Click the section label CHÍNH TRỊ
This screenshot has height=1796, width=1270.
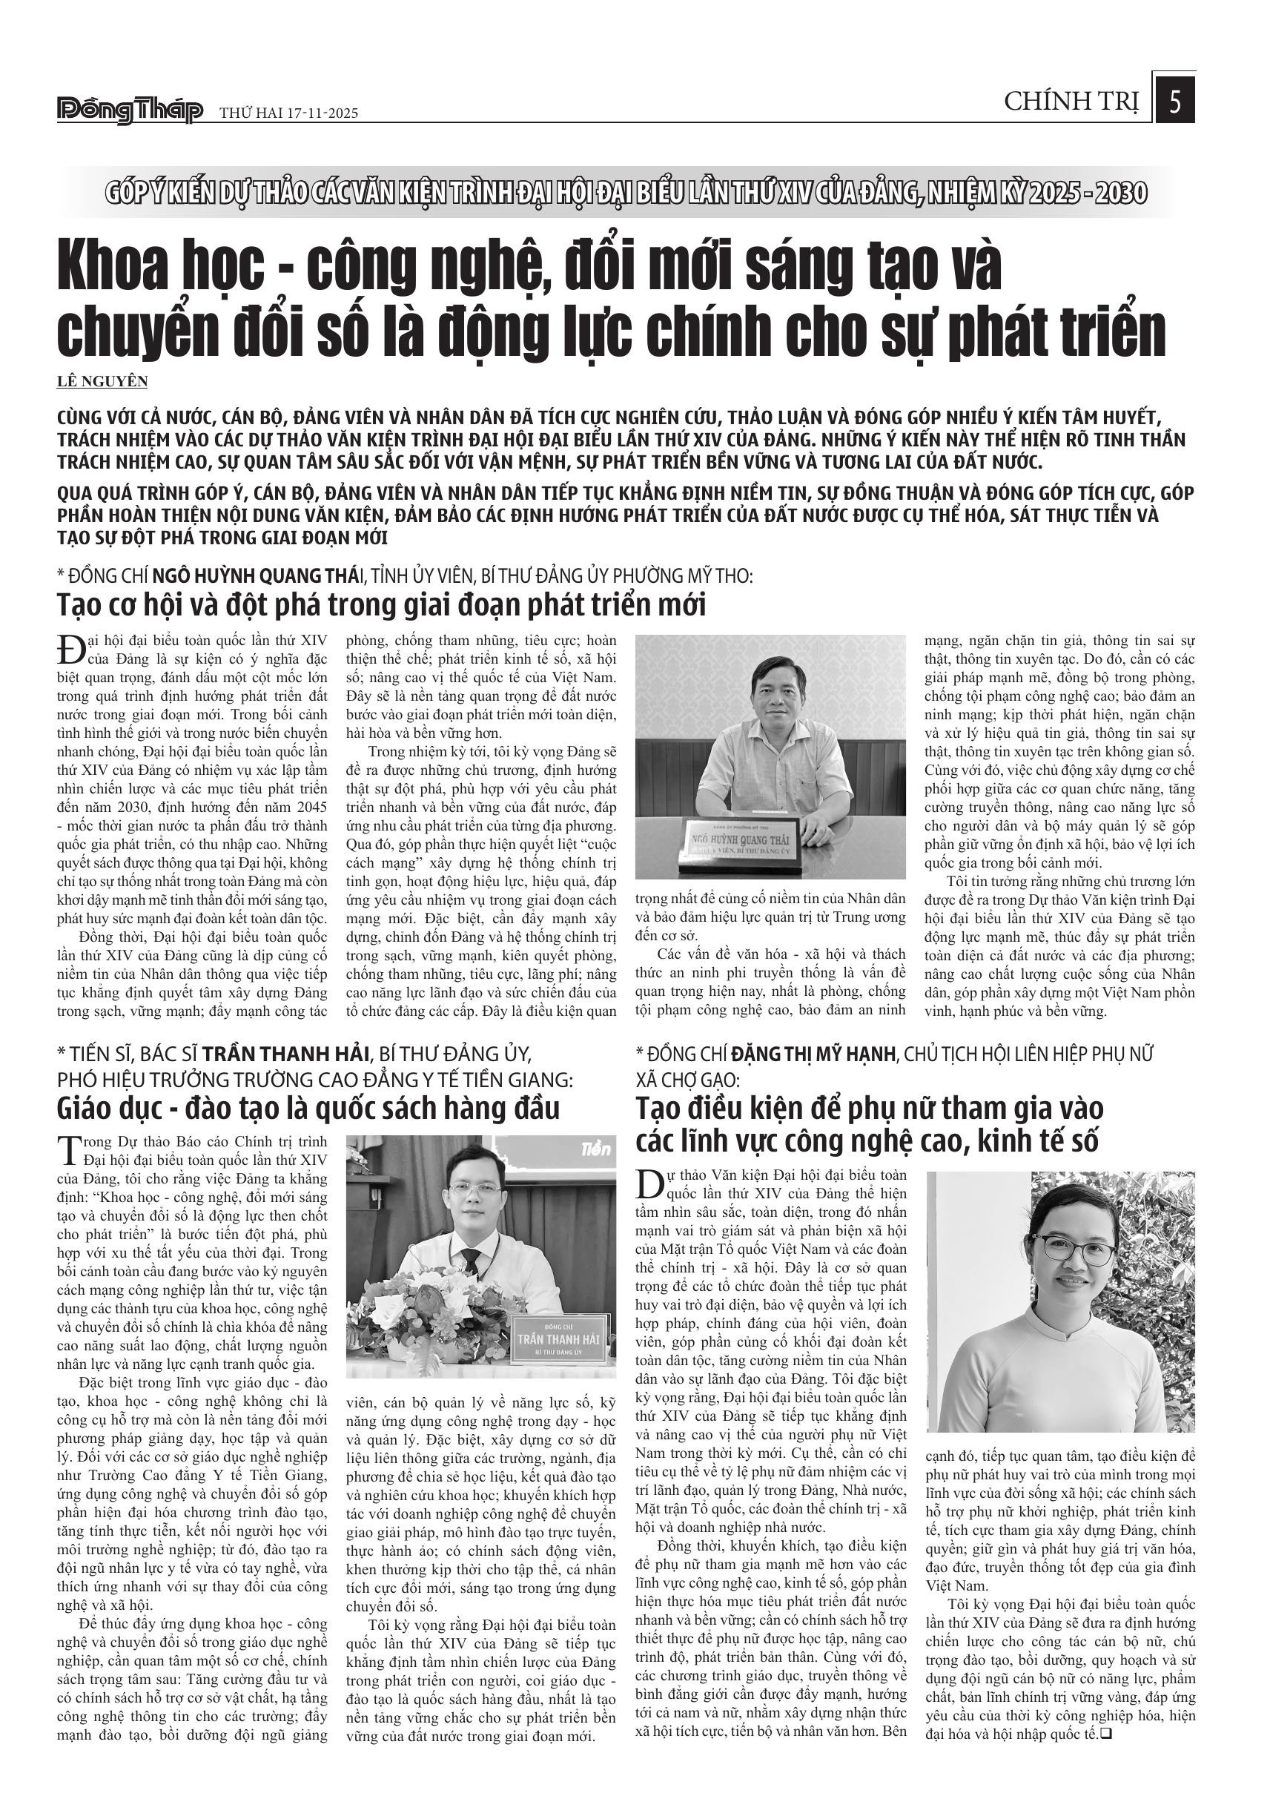1071,102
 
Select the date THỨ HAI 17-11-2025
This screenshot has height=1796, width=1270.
288,113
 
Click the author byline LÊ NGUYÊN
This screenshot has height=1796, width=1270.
102,382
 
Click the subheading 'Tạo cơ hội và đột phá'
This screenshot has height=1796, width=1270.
382,604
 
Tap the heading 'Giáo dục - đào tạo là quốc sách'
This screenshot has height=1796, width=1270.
308,1109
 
